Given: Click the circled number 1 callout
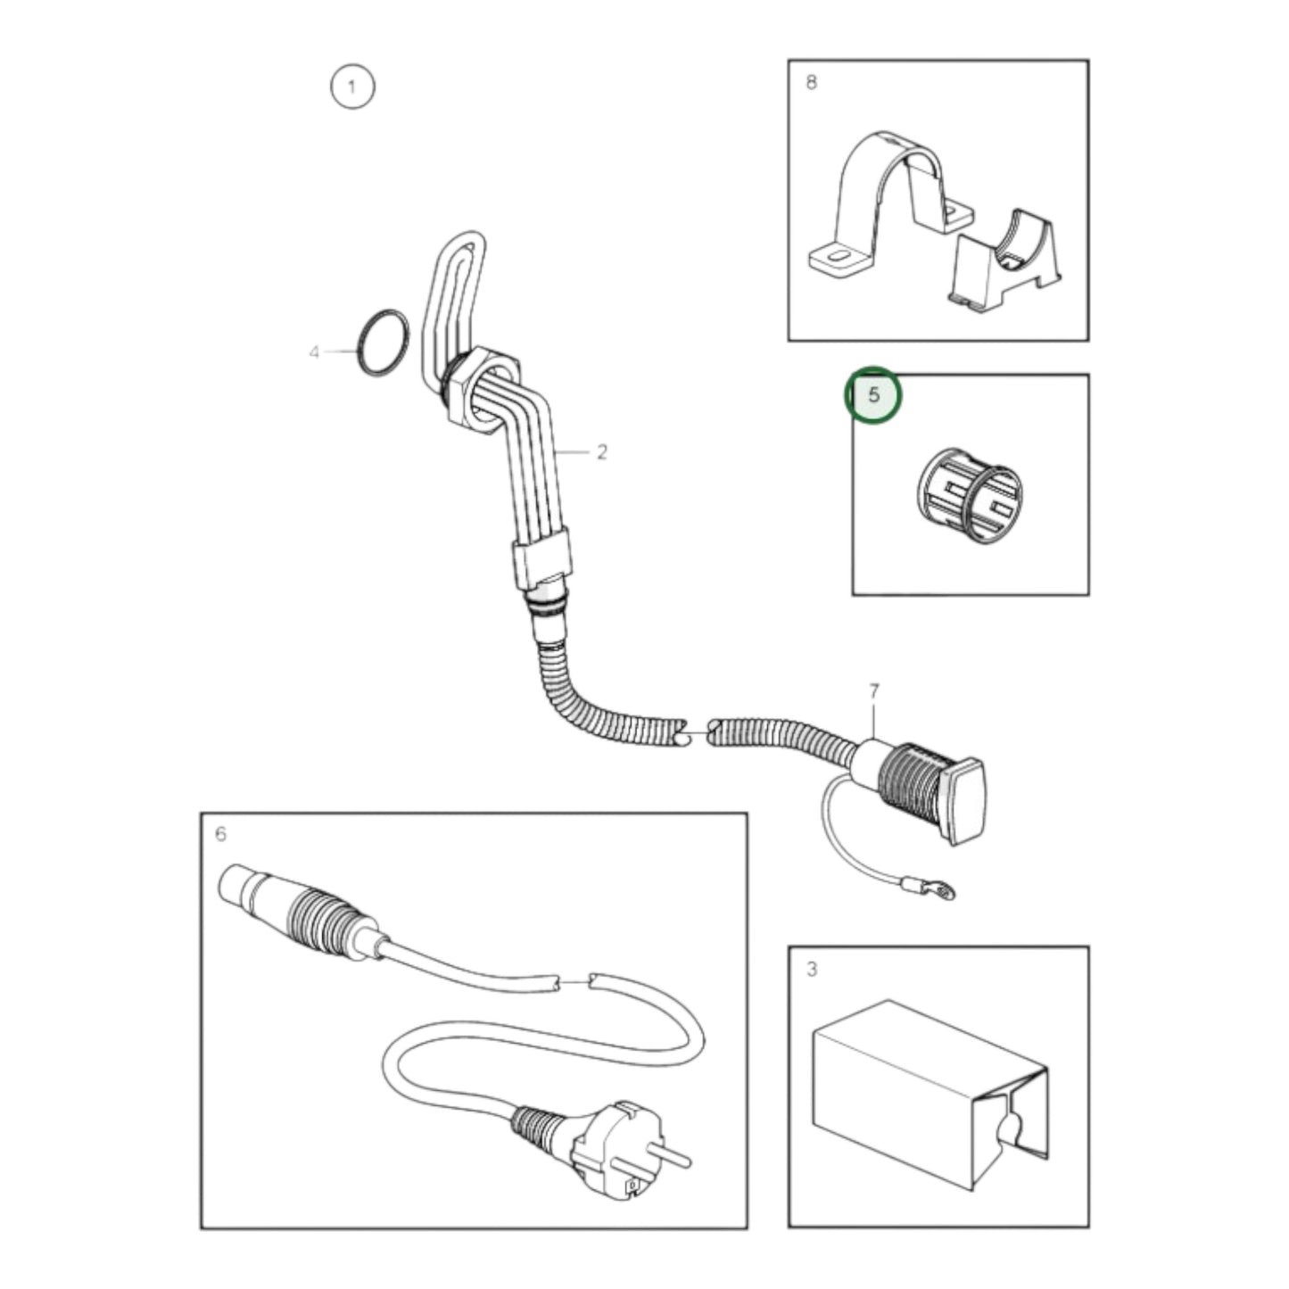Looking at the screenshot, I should click(352, 87).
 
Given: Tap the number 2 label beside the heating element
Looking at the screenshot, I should click(601, 452).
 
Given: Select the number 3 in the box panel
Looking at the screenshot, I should click(811, 969).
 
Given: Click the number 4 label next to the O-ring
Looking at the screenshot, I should click(314, 353).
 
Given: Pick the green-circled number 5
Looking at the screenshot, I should click(873, 394).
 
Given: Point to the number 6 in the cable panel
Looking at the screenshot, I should click(221, 834).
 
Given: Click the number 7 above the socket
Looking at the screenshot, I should click(873, 690).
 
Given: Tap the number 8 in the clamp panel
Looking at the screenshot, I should click(811, 82).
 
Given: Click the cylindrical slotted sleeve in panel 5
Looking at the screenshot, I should click(970, 496).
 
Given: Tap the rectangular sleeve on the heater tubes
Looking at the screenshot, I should click(541, 557).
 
